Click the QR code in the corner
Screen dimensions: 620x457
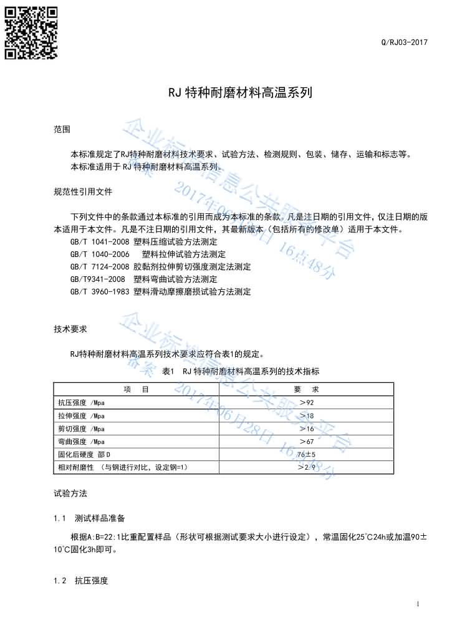pyautogui.click(x=31, y=32)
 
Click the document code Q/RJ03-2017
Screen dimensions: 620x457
pyautogui.click(x=404, y=42)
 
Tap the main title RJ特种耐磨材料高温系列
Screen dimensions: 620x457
pyautogui.click(x=240, y=93)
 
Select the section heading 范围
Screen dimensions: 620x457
pyautogui.click(x=62, y=129)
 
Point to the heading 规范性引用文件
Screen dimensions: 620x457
pyautogui.click(x=83, y=191)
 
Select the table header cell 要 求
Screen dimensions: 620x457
pyautogui.click(x=306, y=389)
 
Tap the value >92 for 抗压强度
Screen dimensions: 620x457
pyautogui.click(x=306, y=402)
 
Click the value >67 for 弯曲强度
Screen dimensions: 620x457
pyautogui.click(x=306, y=441)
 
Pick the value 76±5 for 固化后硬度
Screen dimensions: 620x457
pyautogui.click(x=306, y=454)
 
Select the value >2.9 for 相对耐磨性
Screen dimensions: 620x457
pyautogui.click(x=306, y=467)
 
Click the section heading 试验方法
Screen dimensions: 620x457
pyautogui.click(x=70, y=493)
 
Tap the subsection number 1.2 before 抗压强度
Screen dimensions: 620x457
pyautogui.click(x=60, y=581)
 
